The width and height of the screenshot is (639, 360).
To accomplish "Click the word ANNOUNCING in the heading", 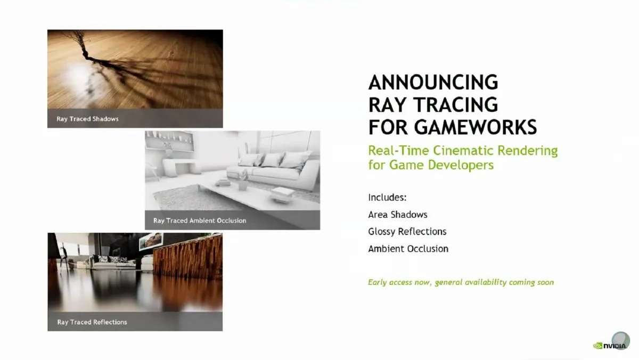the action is (433, 82).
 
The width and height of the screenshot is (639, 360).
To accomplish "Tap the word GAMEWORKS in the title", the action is (476, 127).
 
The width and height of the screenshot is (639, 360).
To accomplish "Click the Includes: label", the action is (387, 198).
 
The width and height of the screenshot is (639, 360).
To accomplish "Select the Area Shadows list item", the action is (398, 215).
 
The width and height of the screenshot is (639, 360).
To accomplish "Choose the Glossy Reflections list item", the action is (407, 232).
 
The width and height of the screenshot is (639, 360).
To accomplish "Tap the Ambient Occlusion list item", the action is (408, 249).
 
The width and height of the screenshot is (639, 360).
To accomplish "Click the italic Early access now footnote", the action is (461, 282).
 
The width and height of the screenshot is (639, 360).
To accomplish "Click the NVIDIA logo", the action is (610, 346).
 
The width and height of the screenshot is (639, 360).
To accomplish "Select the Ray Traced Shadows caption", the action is (87, 119).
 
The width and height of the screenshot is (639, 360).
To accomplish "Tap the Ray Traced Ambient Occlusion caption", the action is (200, 220).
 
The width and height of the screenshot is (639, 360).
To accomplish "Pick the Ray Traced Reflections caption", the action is (92, 322).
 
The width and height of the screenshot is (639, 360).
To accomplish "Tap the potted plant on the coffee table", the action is (243, 181).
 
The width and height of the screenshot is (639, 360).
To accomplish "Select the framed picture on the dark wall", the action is (151, 241).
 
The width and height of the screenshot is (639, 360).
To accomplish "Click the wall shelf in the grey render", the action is (170, 142).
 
